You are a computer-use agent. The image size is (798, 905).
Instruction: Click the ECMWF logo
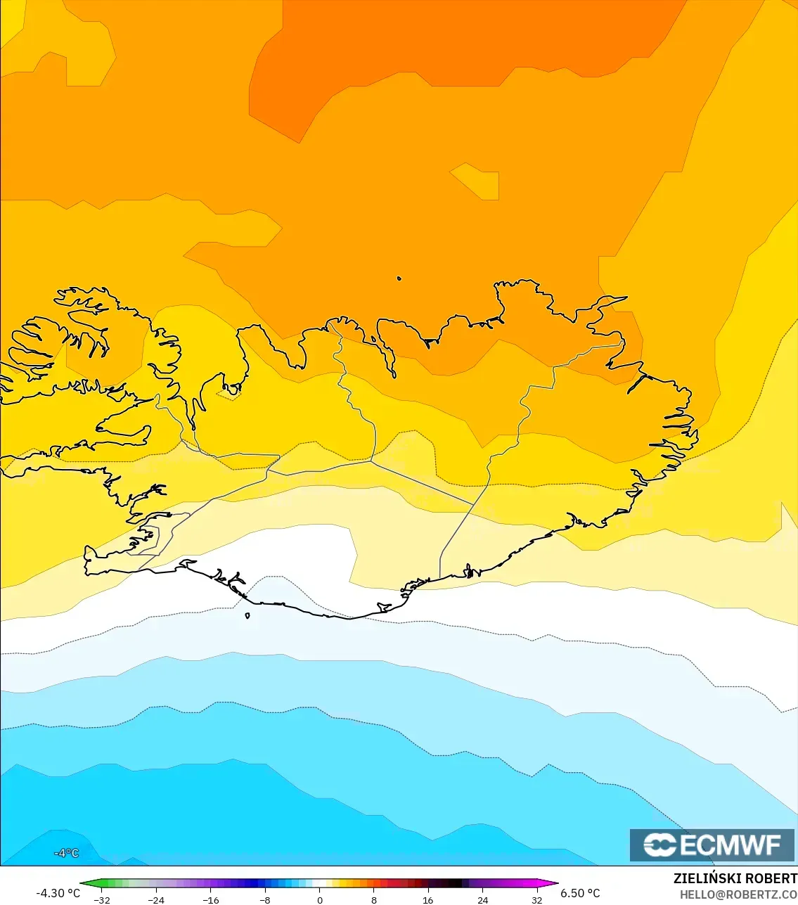(x=712, y=845)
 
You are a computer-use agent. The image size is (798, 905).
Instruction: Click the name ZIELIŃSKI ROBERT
(x=735, y=878)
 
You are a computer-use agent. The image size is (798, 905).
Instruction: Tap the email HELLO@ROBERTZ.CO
(x=738, y=894)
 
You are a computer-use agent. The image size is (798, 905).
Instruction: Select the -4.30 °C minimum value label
(x=58, y=893)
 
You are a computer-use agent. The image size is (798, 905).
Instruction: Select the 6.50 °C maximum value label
(x=580, y=893)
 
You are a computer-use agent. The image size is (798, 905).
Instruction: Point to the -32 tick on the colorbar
(x=102, y=900)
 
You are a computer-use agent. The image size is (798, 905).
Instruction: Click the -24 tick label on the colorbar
(x=156, y=900)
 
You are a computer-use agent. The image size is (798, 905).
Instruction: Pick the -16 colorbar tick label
(x=210, y=900)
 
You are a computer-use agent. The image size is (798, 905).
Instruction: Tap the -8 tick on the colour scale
(x=264, y=900)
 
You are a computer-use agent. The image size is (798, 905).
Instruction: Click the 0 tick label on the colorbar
(x=320, y=900)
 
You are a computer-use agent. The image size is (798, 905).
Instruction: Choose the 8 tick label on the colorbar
(x=374, y=900)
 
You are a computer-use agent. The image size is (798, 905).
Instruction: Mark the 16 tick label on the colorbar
(x=428, y=900)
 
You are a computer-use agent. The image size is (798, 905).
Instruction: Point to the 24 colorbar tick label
(x=482, y=900)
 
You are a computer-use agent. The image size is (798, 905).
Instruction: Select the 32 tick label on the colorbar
(x=537, y=900)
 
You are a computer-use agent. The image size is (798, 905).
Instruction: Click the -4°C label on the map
(x=67, y=853)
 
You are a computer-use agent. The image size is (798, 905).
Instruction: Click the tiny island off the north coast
(x=399, y=278)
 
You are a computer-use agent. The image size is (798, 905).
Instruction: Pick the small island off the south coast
(x=247, y=616)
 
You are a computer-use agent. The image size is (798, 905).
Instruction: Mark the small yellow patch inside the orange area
(x=478, y=181)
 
